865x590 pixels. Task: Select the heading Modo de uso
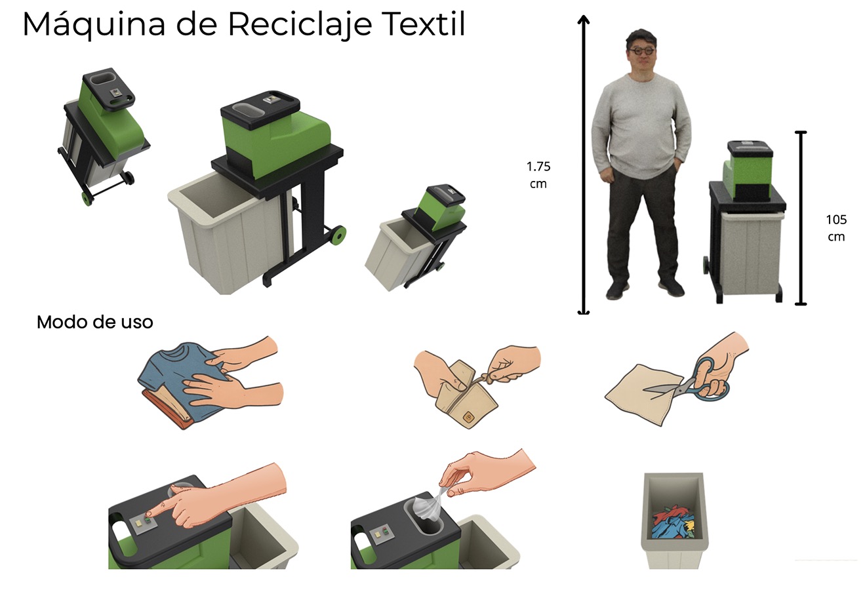pos(94,323)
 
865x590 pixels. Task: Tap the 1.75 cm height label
pos(538,175)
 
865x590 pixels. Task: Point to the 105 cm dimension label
pos(836,227)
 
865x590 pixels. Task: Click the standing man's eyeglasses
pos(641,50)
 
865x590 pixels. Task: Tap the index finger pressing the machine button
pos(161,515)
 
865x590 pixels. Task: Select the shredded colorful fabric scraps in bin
pos(674,521)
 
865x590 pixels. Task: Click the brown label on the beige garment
pos(468,416)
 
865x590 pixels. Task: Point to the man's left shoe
pos(670,287)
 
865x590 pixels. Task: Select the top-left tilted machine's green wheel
pos(87,198)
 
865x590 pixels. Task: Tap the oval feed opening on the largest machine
pos(246,111)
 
